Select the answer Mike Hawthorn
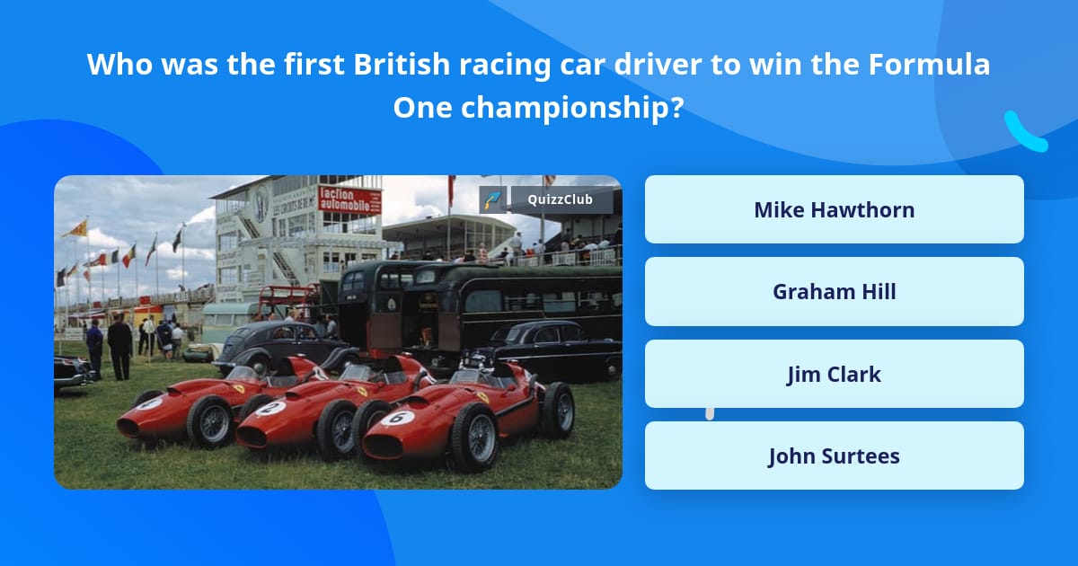834,209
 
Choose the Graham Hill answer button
834,292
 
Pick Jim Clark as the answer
834,374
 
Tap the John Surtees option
834,455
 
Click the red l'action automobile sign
349,199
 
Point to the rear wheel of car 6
558,409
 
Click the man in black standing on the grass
119,345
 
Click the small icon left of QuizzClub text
492,199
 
